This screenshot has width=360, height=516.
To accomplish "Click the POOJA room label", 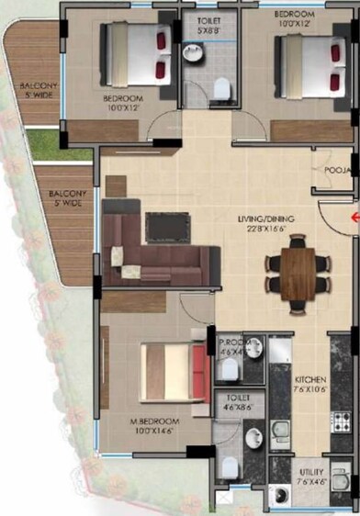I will click(x=334, y=171).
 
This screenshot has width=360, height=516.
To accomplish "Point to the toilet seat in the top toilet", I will click(x=220, y=87).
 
